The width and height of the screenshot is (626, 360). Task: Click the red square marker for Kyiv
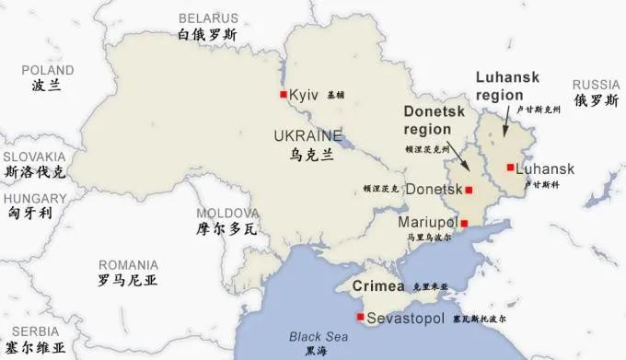pyautogui.click(x=284, y=95)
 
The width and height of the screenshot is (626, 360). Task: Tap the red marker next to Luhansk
pyautogui.click(x=510, y=168)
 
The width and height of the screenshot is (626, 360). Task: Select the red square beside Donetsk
pyautogui.click(x=469, y=190)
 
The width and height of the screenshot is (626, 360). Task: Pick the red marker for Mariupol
pyautogui.click(x=464, y=223)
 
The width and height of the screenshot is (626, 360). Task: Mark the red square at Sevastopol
pyautogui.click(x=360, y=318)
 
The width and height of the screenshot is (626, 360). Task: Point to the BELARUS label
pyautogui.click(x=208, y=18)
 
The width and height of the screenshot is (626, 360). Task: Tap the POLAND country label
pyautogui.click(x=48, y=70)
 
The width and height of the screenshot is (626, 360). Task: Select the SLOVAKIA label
pyautogui.click(x=34, y=157)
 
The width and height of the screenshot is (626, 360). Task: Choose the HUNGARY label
pyautogui.click(x=35, y=197)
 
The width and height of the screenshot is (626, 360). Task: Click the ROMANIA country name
pyautogui.click(x=128, y=264)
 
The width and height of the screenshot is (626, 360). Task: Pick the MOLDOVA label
pyautogui.click(x=221, y=212)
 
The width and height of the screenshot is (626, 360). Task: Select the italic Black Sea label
pyautogui.click(x=316, y=336)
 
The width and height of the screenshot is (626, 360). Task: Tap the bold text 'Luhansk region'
pyautogui.click(x=507, y=86)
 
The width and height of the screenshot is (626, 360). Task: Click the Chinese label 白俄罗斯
pyautogui.click(x=208, y=35)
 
